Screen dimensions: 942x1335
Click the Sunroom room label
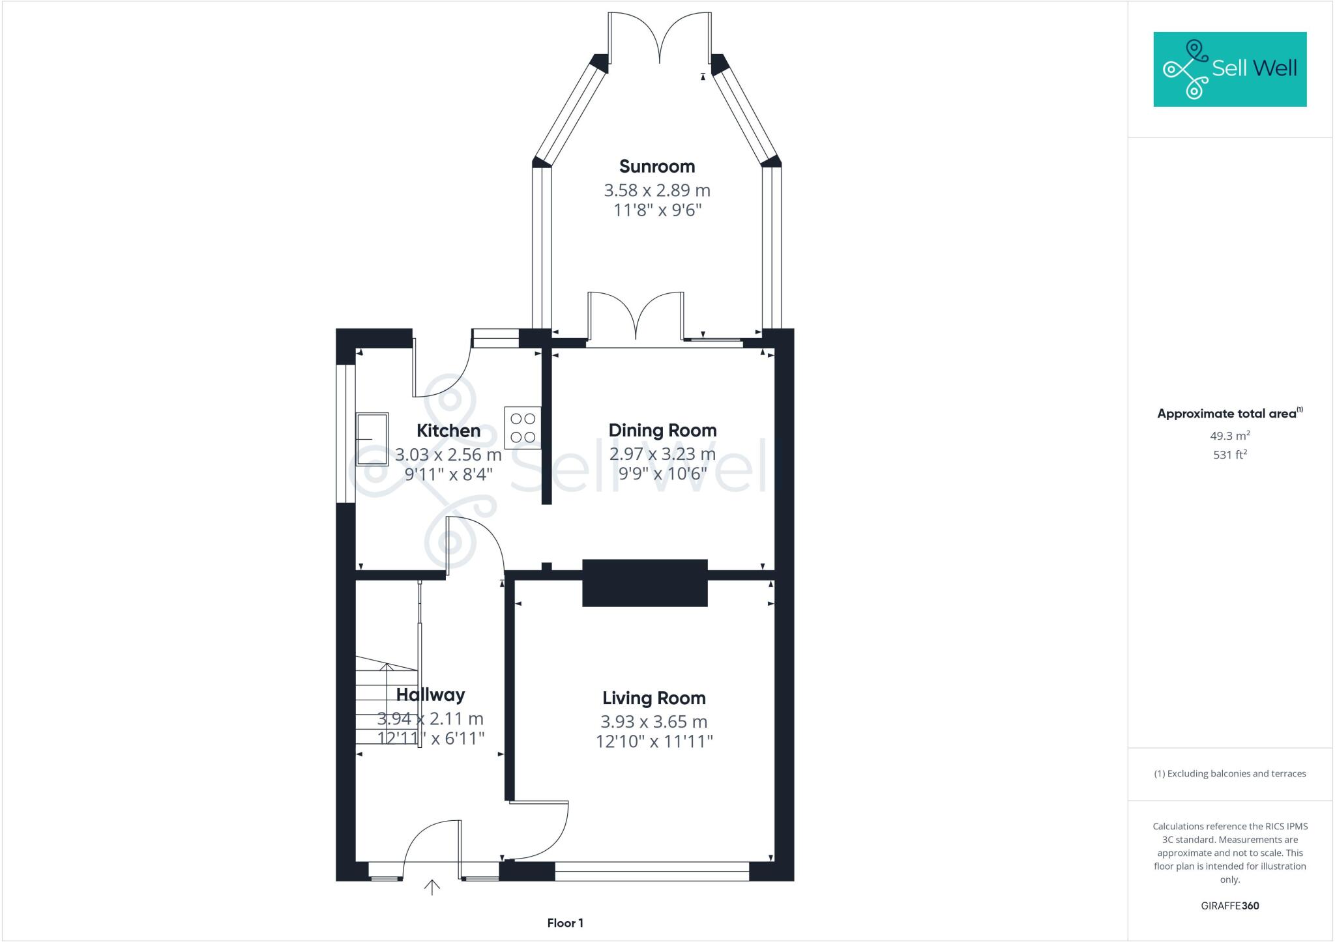pyautogui.click(x=656, y=167)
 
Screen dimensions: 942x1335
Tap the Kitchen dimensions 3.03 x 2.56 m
pyautogui.click(x=448, y=454)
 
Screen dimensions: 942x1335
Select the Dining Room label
pyautogui.click(x=662, y=431)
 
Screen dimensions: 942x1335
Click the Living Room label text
pyautogui.click(x=654, y=698)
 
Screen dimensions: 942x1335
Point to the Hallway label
pyautogui.click(x=430, y=695)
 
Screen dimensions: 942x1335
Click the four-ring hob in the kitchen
pyautogui.click(x=523, y=428)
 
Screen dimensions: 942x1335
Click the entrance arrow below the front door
pyautogui.click(x=432, y=887)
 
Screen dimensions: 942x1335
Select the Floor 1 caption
pyautogui.click(x=565, y=923)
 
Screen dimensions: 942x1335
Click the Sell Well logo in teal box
pyautogui.click(x=1229, y=69)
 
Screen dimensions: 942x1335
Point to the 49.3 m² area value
pyautogui.click(x=1229, y=436)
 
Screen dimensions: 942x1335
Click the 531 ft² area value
pyautogui.click(x=1229, y=455)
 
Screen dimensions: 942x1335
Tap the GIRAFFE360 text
pyautogui.click(x=1229, y=906)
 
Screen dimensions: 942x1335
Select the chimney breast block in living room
pyautogui.click(x=644, y=583)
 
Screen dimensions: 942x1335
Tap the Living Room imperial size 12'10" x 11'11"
pyautogui.click(x=654, y=741)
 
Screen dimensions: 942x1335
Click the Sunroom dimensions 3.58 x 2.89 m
pyautogui.click(x=656, y=191)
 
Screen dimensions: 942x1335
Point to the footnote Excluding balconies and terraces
pyautogui.click(x=1229, y=774)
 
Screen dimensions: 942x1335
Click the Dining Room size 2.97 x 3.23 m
pyautogui.click(x=662, y=454)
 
